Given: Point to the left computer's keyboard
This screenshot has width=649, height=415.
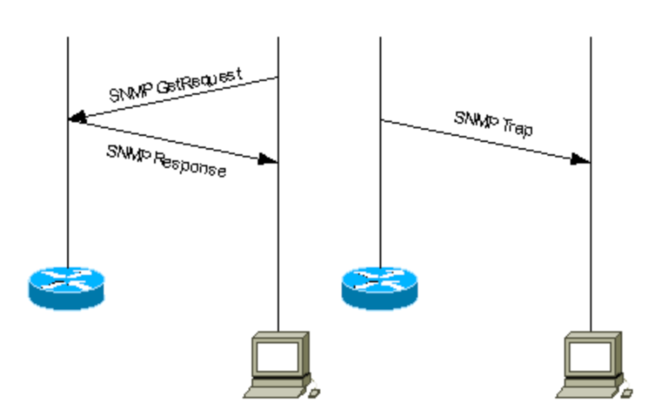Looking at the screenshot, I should tap(274, 391).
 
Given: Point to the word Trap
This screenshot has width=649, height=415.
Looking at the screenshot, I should tap(518, 128).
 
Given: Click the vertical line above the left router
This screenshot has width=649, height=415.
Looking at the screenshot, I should tap(67, 198).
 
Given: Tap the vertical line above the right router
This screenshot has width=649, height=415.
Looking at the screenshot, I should tap(380, 198).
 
